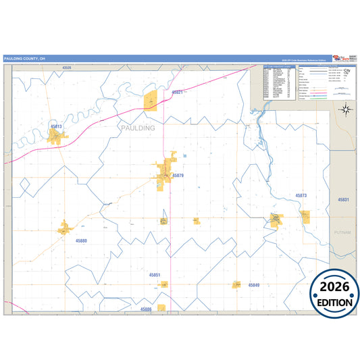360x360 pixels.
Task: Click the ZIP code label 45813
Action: point(55,126)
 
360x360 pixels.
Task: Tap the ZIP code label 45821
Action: point(178,91)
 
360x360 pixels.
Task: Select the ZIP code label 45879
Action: point(178,176)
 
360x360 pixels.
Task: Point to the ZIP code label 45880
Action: point(81,240)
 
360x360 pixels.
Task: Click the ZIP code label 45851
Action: point(155,275)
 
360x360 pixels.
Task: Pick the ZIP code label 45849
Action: point(253,285)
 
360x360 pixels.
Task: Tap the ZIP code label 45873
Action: point(301,195)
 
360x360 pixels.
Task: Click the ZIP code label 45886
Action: point(146,309)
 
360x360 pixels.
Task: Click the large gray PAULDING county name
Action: point(137,127)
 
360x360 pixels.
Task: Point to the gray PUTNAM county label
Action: point(342,232)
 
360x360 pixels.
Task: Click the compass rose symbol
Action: point(345,109)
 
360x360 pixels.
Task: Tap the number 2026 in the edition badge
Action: point(334,286)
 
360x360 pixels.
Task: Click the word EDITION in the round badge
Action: point(334,303)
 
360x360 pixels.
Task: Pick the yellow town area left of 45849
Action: point(237,285)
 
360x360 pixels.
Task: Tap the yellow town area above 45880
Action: point(65,228)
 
